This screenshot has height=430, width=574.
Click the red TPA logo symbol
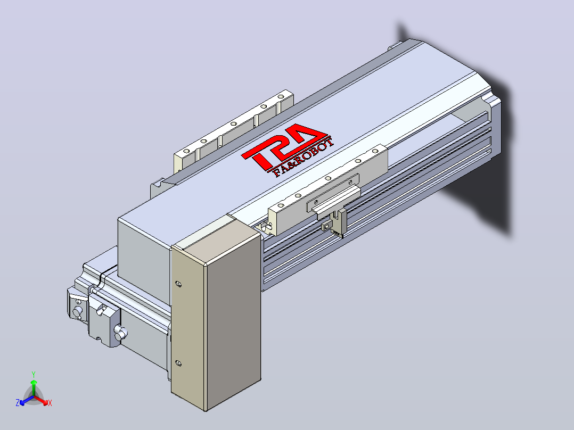click(282, 146)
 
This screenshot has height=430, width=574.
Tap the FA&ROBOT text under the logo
click(304, 158)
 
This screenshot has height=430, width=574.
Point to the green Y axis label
click(34, 374)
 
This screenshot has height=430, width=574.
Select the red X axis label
click(50, 403)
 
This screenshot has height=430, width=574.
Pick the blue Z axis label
click(18, 403)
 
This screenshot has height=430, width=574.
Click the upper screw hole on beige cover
click(178, 284)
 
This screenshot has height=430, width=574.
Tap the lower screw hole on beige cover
click(178, 363)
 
